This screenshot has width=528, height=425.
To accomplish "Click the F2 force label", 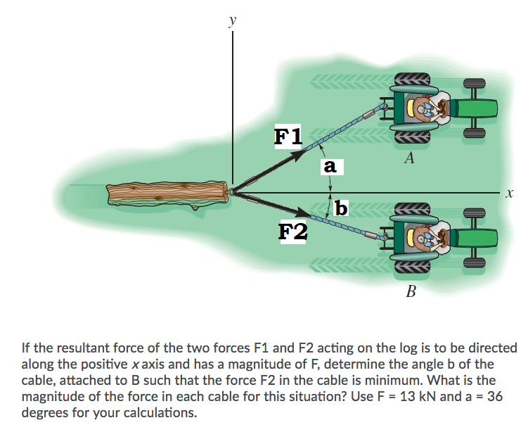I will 292,230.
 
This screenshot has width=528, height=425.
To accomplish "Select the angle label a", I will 330,167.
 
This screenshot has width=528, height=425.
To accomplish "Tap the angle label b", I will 341,208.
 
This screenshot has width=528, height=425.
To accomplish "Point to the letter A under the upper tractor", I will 409,158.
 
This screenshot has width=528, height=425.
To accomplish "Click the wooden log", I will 166,194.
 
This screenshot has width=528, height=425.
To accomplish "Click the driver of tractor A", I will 427,108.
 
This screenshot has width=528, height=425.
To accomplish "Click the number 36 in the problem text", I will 495,396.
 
